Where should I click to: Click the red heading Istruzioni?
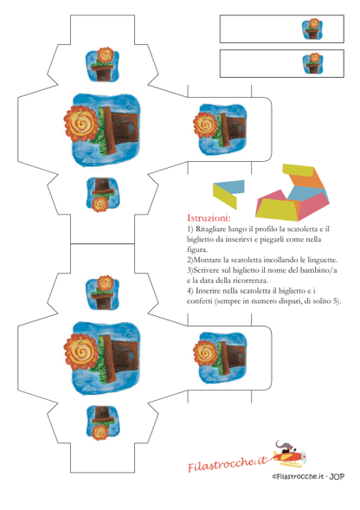point(209,217)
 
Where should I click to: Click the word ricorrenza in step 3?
point(252,281)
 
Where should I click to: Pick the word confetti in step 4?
point(199,300)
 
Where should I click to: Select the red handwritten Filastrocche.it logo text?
point(227,463)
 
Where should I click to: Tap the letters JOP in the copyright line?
point(337,476)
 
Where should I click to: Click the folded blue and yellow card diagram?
point(228,194)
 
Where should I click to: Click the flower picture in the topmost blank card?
point(312,29)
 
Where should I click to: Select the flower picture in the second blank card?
point(312,64)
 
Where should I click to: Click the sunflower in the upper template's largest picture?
point(81,125)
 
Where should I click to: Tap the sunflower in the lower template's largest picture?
point(81,352)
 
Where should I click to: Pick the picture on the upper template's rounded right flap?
point(220,129)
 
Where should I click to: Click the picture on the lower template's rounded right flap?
point(220,357)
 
